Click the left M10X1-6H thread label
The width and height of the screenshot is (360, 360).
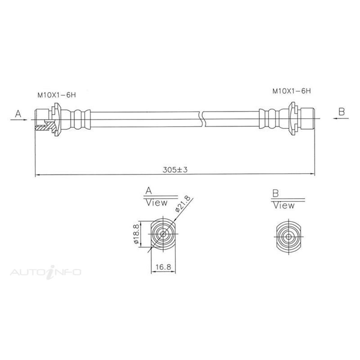tap(56, 95)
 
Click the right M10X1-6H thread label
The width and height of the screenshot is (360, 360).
tap(291, 91)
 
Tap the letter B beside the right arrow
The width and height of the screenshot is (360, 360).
tap(341, 112)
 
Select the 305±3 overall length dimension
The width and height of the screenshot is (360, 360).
tap(175, 169)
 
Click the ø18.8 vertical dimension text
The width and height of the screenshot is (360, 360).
tap(136, 234)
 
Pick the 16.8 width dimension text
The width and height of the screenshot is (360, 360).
tap(163, 266)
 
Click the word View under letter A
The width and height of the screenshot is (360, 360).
tap(156, 203)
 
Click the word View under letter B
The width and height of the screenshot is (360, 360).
tap(283, 205)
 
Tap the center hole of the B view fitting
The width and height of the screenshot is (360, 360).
tap(288, 237)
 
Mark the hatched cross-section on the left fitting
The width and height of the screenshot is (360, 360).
tap(45, 127)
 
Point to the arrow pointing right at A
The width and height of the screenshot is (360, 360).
tap(22, 120)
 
